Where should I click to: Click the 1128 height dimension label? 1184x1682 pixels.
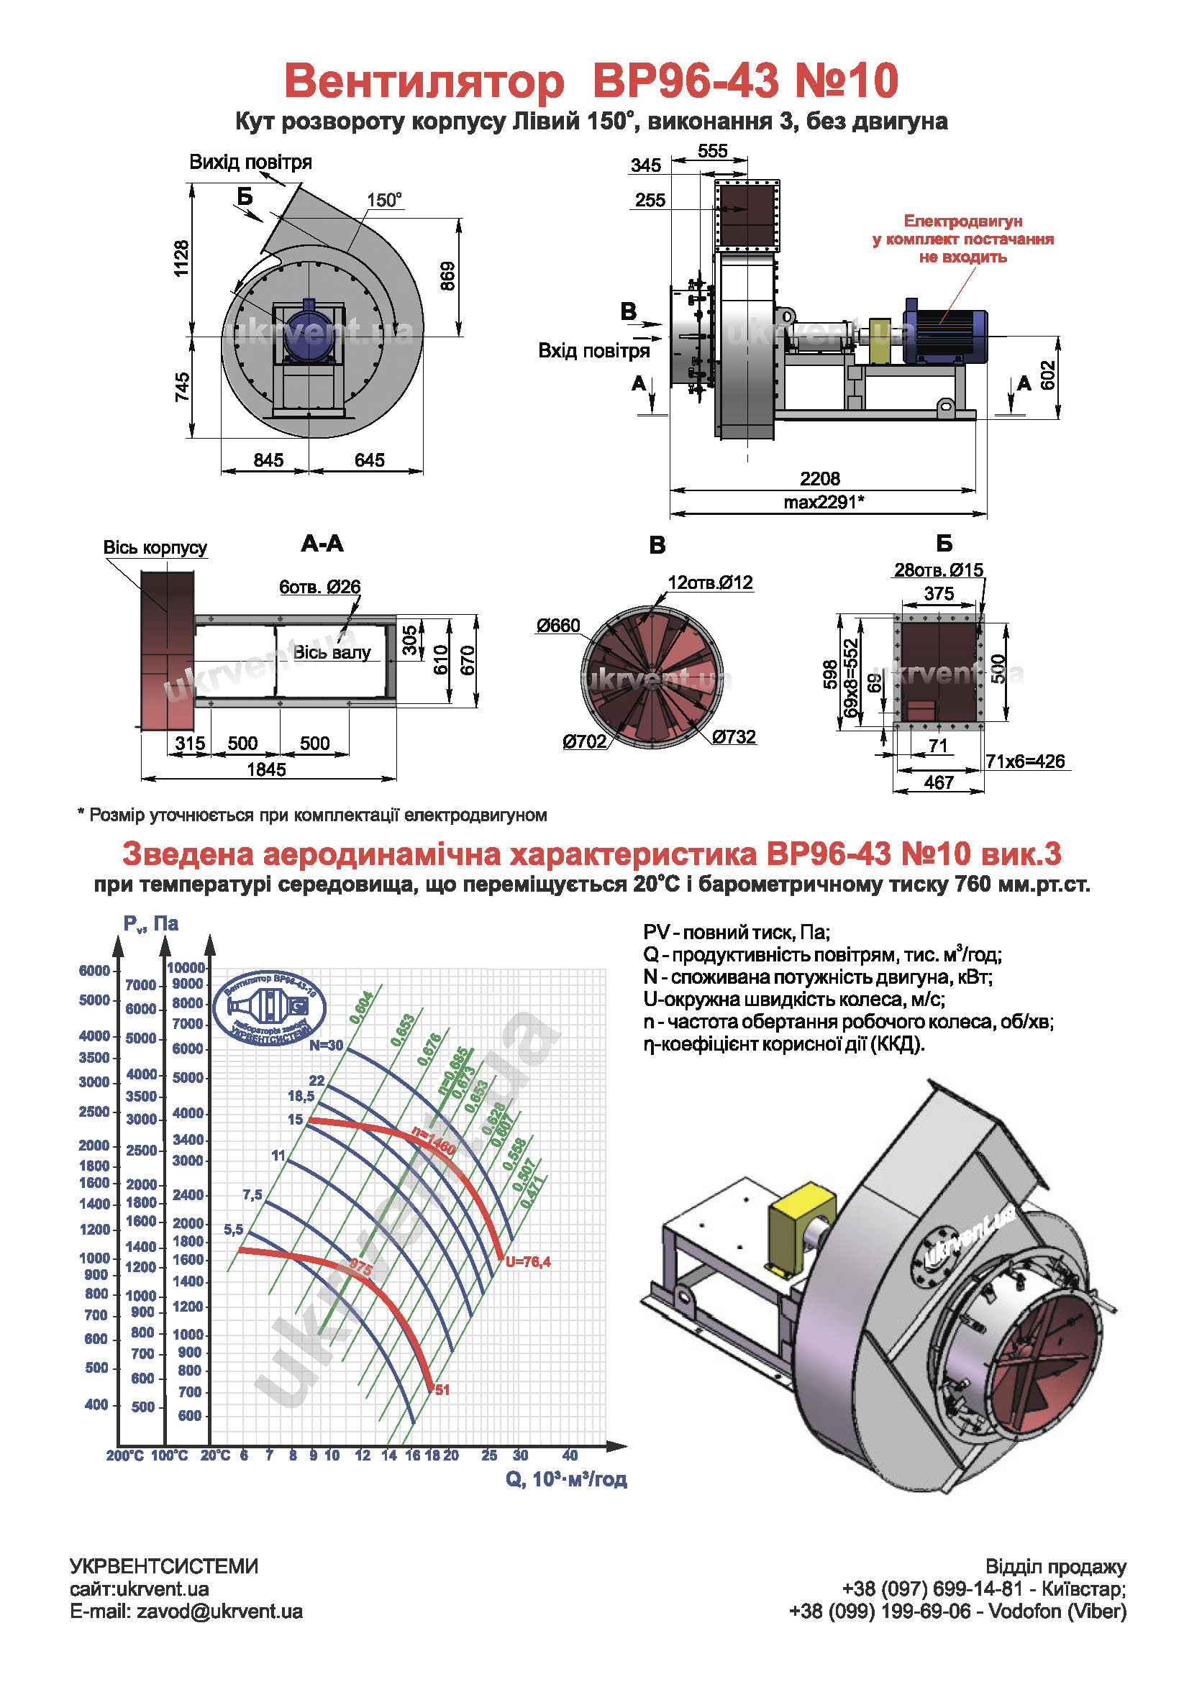tap(181, 259)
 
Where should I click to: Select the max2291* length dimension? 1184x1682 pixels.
tap(824, 502)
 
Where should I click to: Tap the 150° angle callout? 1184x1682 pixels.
tap(384, 200)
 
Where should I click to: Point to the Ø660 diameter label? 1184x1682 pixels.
tap(557, 626)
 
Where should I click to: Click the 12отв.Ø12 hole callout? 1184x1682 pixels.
tap(709, 582)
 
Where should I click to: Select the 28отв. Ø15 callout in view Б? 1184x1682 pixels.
tap(938, 570)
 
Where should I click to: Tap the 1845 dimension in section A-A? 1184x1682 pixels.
tap(266, 769)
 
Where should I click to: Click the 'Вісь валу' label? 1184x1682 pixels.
tap(332, 652)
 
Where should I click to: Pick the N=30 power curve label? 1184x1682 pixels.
tap(326, 1046)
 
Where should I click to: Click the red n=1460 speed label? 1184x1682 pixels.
tap(433, 1141)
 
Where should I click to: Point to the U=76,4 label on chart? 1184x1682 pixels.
tap(527, 1261)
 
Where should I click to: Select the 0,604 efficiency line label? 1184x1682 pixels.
tap(361, 1007)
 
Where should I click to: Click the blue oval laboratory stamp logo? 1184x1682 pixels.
tap(270, 1008)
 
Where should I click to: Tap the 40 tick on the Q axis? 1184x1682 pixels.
tap(569, 1455)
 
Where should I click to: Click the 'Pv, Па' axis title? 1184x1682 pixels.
tap(151, 923)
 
